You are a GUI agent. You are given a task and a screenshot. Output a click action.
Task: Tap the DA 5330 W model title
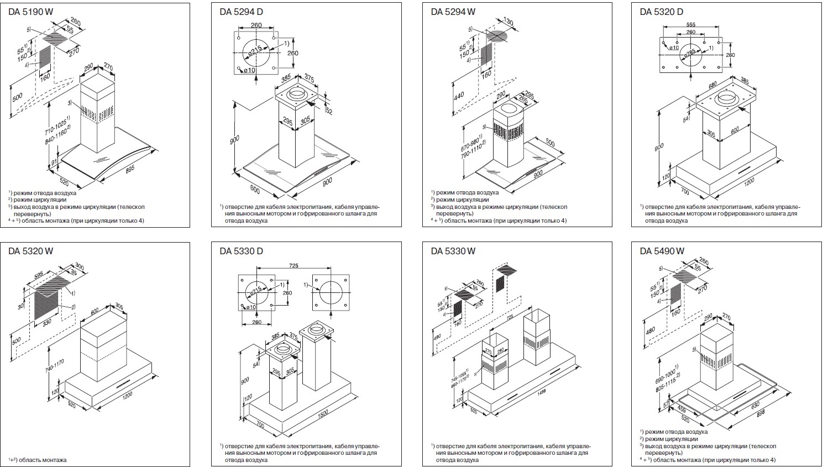(x=453, y=251)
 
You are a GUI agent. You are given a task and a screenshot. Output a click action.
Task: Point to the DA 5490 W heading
(x=662, y=251)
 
